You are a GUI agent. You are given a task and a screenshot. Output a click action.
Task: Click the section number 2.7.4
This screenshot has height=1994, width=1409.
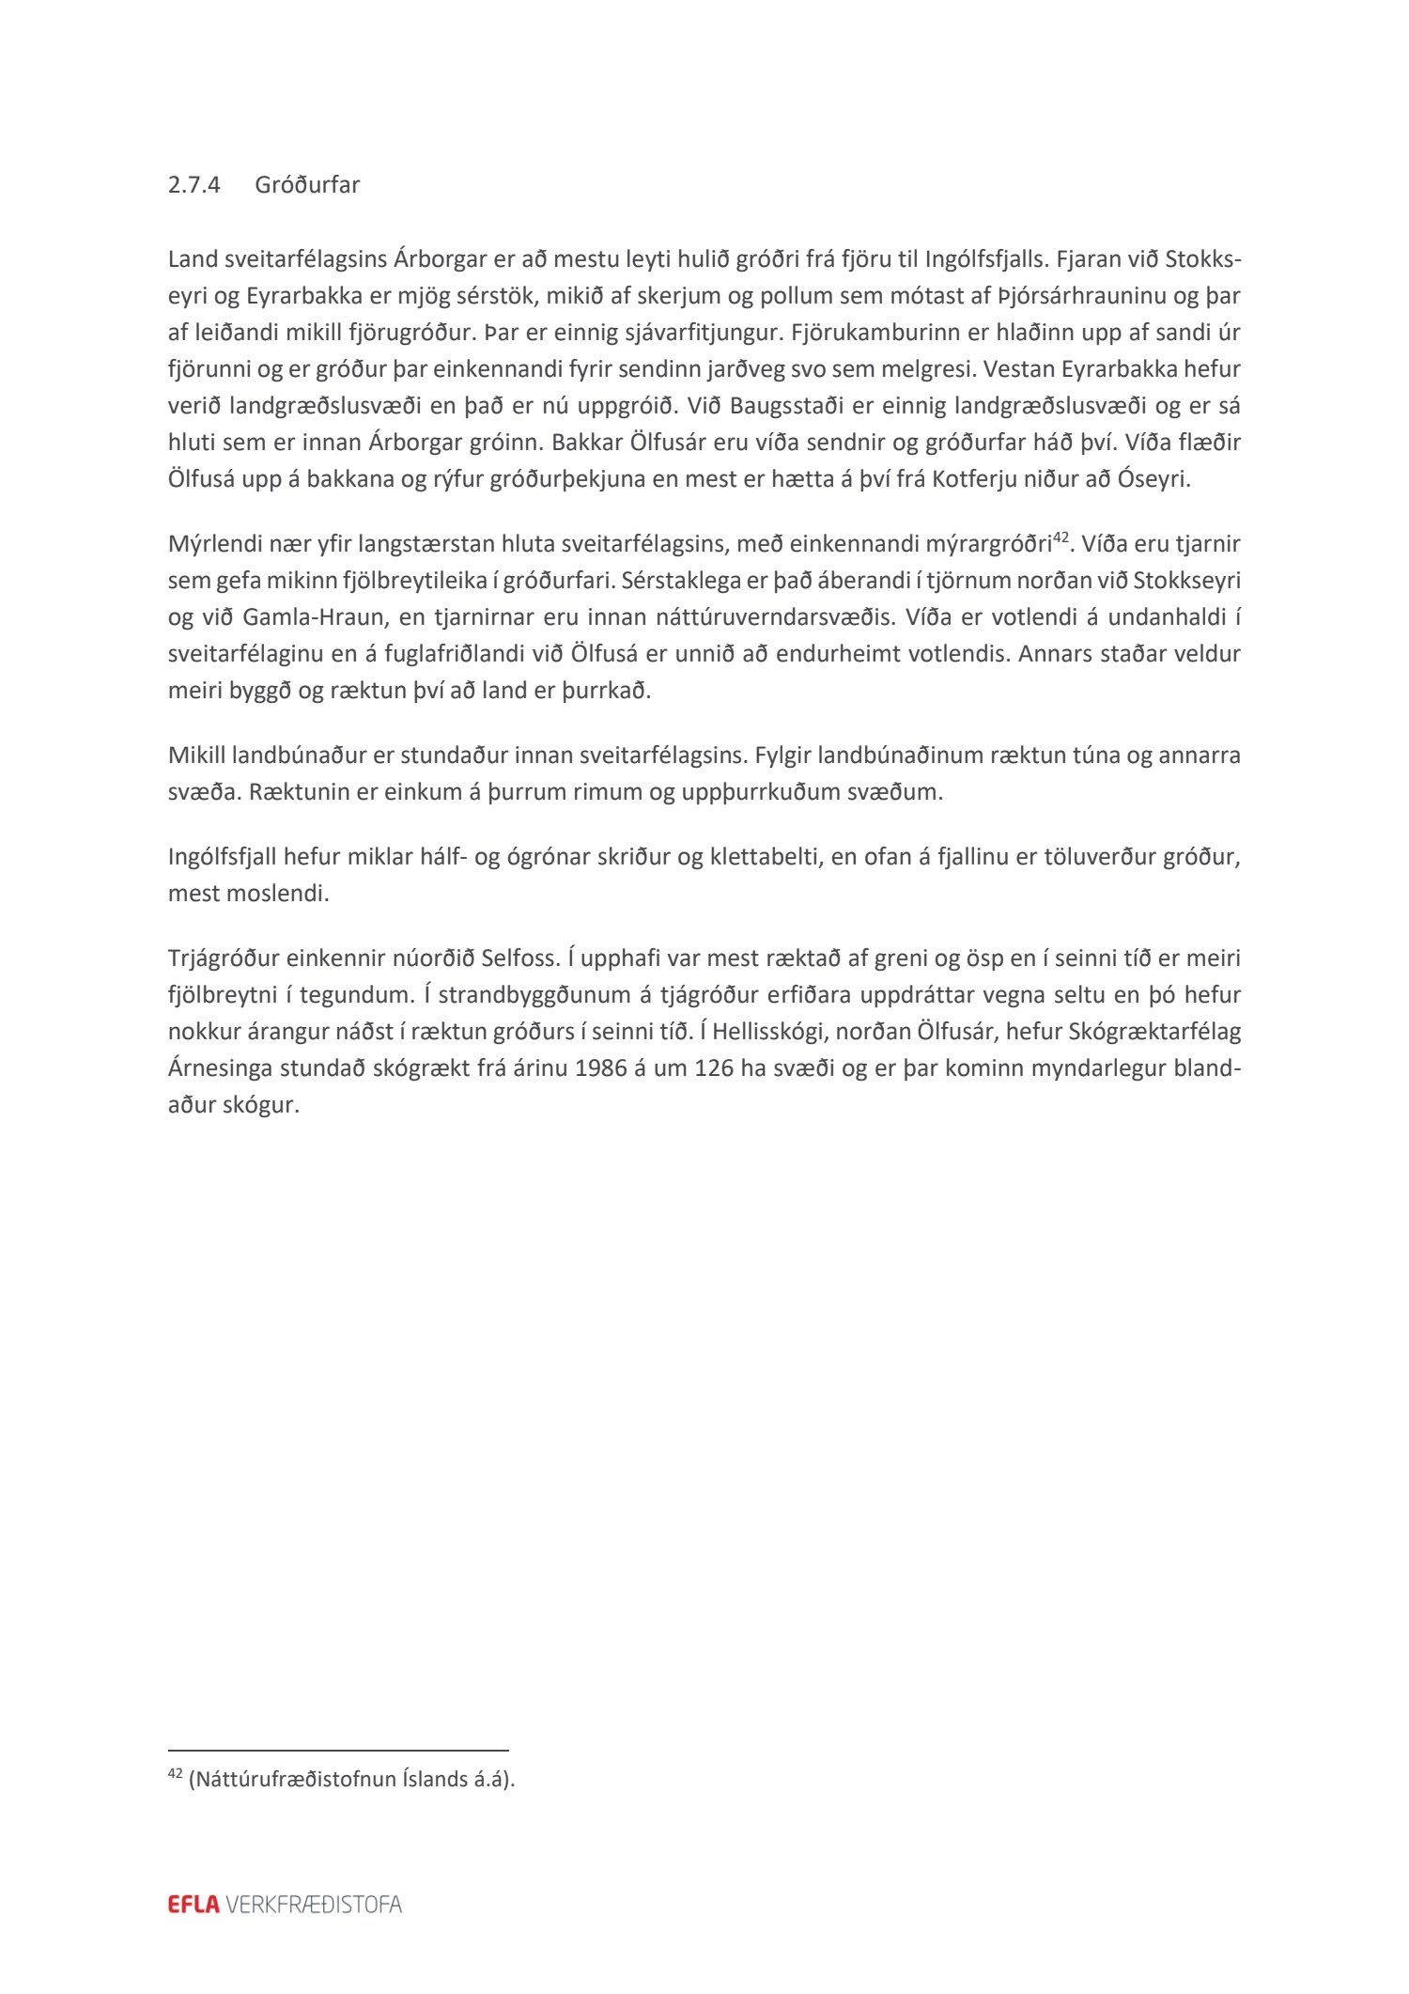(194, 185)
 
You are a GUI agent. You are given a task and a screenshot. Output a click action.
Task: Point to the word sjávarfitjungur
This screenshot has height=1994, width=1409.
(689, 333)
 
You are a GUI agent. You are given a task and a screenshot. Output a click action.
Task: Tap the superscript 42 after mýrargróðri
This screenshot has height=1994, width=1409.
(1061, 538)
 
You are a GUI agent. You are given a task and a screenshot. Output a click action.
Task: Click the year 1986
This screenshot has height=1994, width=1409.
(600, 1069)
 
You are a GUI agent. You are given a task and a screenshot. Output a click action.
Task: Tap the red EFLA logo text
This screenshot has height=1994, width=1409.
(194, 1905)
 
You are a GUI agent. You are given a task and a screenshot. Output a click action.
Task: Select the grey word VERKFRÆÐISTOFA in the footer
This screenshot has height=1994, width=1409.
(314, 1905)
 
